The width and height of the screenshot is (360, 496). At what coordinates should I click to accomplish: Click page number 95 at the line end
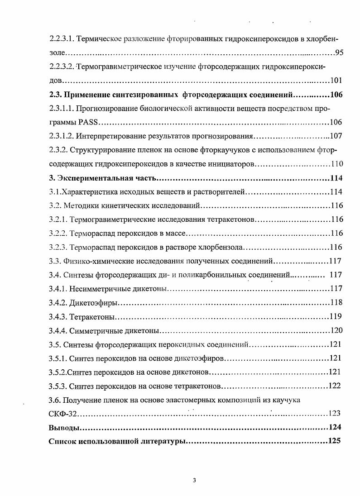tap(339, 52)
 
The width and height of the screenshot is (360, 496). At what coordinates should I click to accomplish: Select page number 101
tap(336, 81)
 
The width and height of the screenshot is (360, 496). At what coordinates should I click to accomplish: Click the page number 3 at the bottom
tap(194, 481)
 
